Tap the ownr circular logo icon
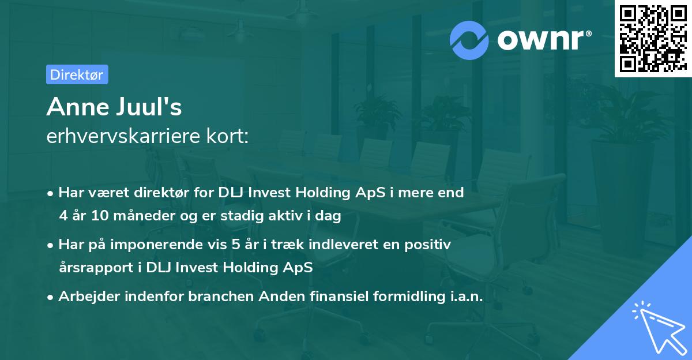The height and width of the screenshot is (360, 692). (x=470, y=40)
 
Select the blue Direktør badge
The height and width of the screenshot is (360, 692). (x=77, y=74)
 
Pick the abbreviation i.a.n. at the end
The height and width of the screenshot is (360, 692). (x=464, y=297)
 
